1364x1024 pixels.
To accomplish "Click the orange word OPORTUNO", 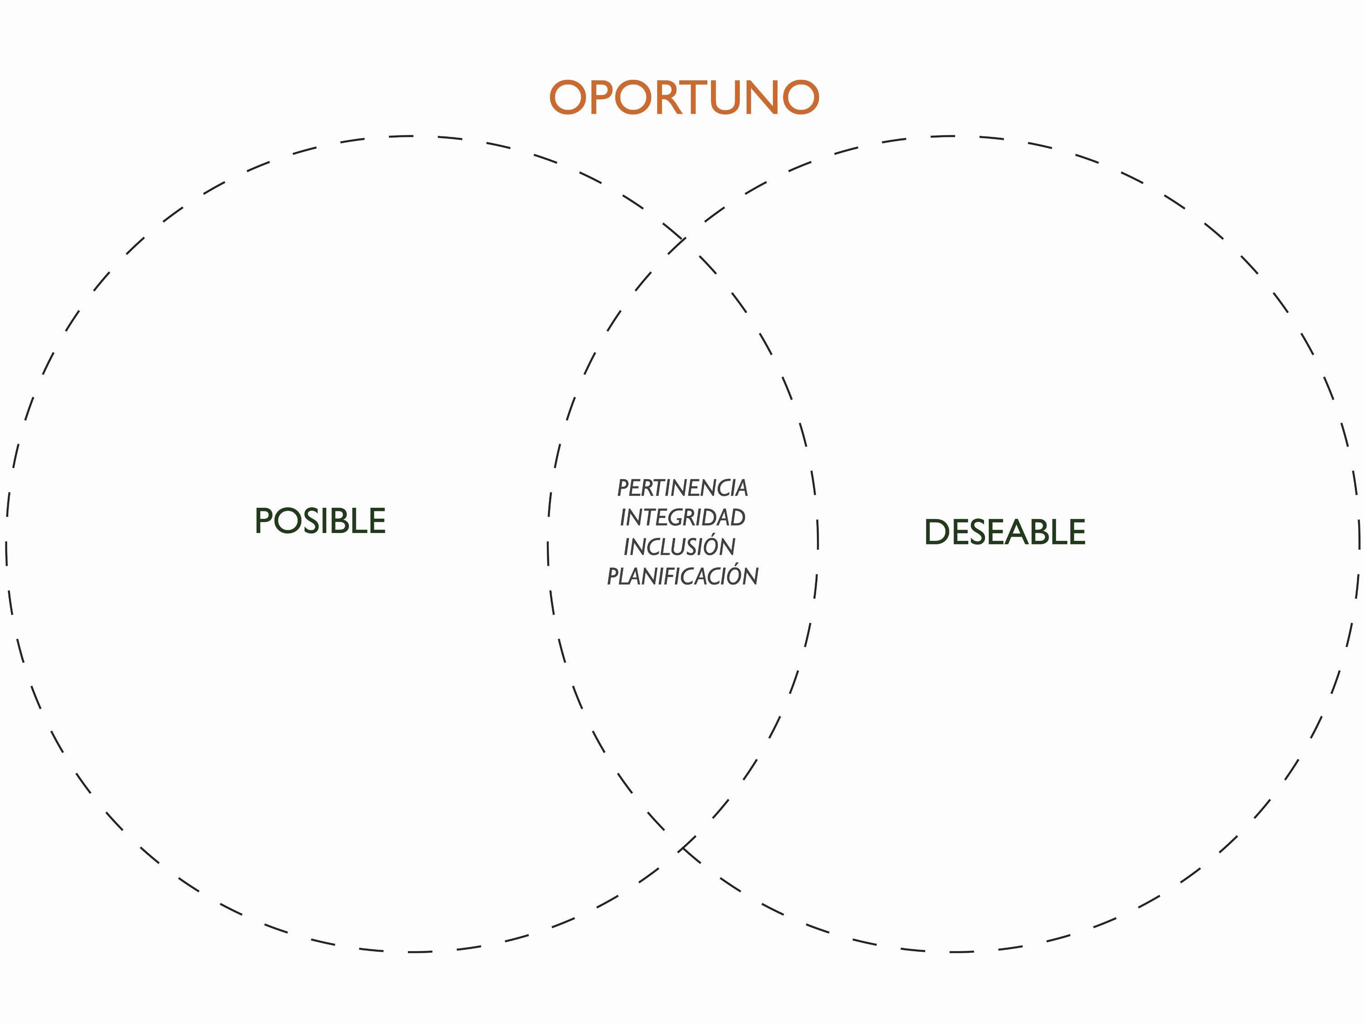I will click(x=684, y=97).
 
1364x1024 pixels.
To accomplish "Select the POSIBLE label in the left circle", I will click(x=320, y=521).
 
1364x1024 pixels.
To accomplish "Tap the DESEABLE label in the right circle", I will click(x=1005, y=532).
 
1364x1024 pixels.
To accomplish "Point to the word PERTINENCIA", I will click(x=683, y=488).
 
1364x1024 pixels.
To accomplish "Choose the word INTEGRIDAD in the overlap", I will click(x=683, y=517).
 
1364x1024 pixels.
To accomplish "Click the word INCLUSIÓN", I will click(x=680, y=546).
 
